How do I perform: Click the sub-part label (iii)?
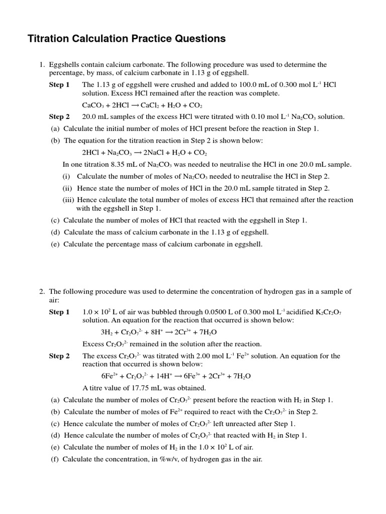click(x=68, y=200)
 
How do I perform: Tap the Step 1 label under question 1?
click(x=59, y=85)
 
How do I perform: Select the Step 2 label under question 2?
click(x=59, y=356)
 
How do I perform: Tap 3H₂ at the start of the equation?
click(x=107, y=332)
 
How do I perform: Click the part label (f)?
click(x=55, y=459)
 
